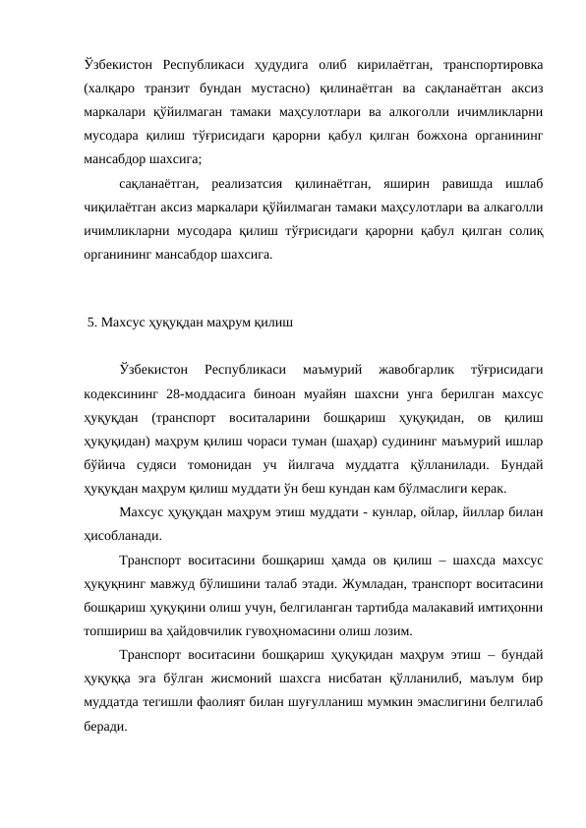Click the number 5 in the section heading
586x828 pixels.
coord(91,321)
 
